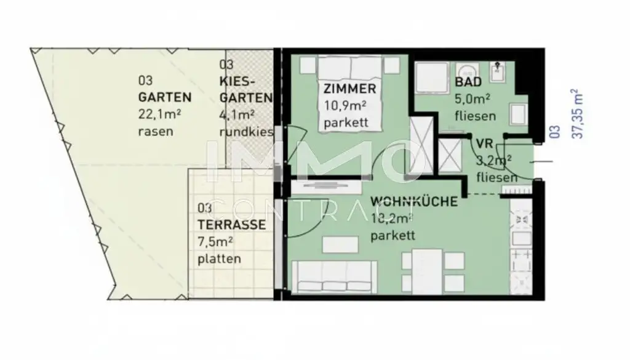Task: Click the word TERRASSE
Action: [232, 225]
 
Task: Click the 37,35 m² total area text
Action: [576, 114]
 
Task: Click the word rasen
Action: [156, 130]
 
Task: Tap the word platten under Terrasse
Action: [219, 259]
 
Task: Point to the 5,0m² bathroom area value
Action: [472, 98]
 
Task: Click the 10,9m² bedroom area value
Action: [346, 106]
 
